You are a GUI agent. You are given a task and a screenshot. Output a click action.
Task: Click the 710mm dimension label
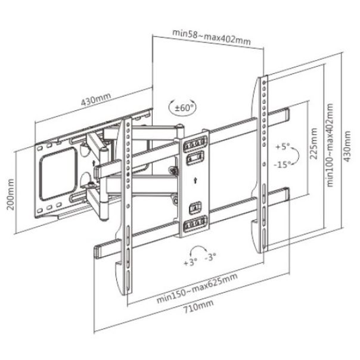[198, 306]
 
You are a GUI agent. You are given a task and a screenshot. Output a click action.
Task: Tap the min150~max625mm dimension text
[197, 288]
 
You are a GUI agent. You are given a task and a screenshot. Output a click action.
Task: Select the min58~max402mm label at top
[211, 37]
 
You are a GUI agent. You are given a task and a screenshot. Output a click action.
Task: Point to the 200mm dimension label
[10, 194]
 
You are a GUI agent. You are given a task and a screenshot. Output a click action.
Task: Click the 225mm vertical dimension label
[314, 144]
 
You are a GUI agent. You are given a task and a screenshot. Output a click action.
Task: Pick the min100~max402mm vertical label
[330, 145]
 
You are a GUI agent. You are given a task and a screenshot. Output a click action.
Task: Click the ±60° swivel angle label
[183, 107]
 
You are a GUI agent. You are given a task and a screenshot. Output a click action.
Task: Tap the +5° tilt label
[283, 146]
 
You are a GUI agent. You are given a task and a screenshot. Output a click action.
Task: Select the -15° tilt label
[282, 164]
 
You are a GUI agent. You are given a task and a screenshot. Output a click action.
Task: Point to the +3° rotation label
[190, 262]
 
